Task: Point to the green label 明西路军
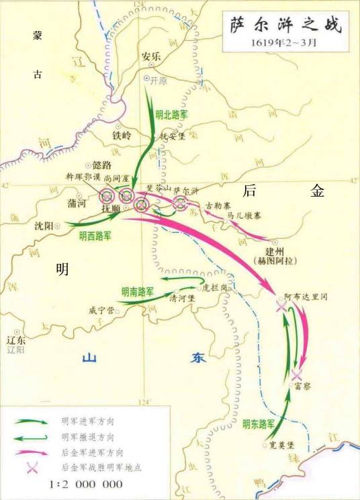coord(95,236)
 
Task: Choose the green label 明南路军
coord(138,292)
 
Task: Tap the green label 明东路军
coord(258,424)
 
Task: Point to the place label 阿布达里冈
coord(305,295)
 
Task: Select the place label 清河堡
coord(182,297)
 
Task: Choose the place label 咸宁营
coord(101,311)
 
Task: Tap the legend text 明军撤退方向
coord(88,436)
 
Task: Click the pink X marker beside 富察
coord(296,374)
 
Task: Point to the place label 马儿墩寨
coord(244,215)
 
